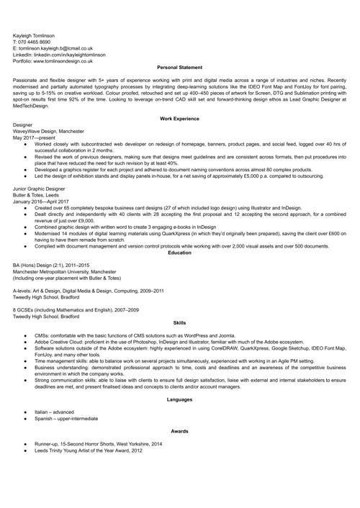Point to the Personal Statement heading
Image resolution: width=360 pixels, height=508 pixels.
pyautogui.click(x=179, y=67)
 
